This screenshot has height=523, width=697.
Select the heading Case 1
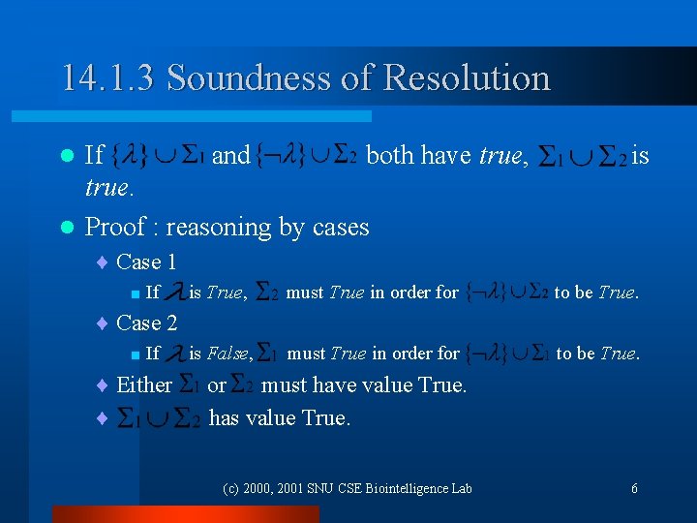coord(146,261)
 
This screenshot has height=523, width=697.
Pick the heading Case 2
coord(146,323)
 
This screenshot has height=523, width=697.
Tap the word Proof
coord(116,227)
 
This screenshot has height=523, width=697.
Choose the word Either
coord(144,385)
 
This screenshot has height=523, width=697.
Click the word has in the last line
coord(225,417)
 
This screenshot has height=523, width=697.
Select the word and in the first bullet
coord(230,155)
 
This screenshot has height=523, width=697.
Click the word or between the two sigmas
coord(217,385)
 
